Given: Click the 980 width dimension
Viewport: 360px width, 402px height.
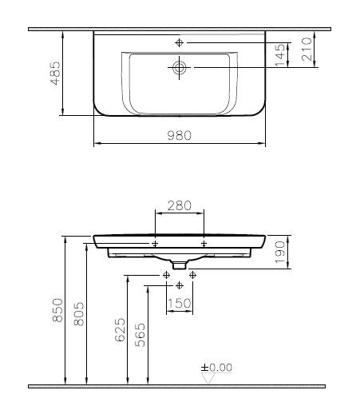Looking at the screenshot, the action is [x=180, y=135].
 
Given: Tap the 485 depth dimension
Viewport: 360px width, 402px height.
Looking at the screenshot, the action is [x=56, y=74].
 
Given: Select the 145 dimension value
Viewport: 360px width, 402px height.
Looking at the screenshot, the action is [x=280, y=55].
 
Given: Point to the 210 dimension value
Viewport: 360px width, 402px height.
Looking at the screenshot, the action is [x=307, y=50].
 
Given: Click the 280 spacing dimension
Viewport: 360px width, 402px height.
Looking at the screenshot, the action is [x=180, y=205].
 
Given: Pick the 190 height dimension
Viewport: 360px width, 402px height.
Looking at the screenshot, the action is [x=280, y=253].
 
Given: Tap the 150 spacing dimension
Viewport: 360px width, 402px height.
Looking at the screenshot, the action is [x=180, y=304].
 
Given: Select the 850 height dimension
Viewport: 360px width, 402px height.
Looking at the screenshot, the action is [x=57, y=310].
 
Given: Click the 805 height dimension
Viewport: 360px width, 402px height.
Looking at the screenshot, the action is [x=79, y=314].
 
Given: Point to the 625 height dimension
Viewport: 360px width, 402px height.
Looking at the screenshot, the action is [x=120, y=330].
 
